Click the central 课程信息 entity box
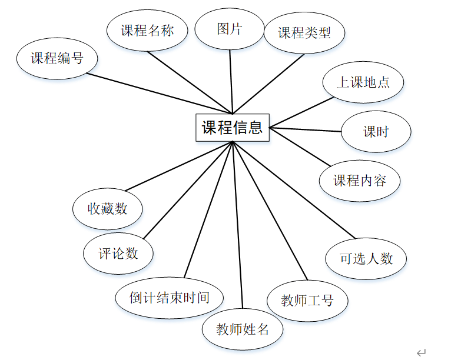(x=233, y=128)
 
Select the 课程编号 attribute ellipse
(x=57, y=58)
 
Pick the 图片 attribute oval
(x=230, y=28)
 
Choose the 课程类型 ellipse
(x=304, y=32)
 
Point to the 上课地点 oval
(x=363, y=82)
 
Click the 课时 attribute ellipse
(x=376, y=131)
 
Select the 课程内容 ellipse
(x=360, y=180)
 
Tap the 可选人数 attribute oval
(x=366, y=258)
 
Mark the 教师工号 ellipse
(x=307, y=301)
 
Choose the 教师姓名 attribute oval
(x=243, y=329)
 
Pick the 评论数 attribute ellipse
(x=118, y=253)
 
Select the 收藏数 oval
(x=107, y=208)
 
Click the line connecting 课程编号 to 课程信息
(x=159, y=92)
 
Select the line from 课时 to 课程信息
(x=305, y=129)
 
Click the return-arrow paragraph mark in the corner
(x=421, y=352)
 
